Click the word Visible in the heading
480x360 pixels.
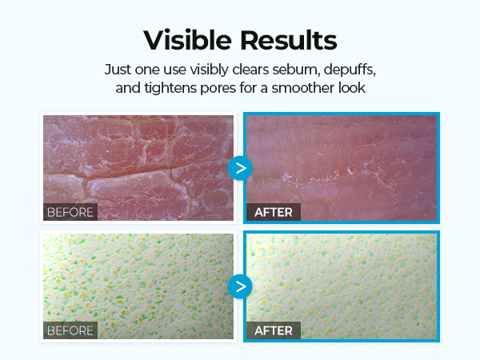coord(187,40)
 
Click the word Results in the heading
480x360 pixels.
coord(288,40)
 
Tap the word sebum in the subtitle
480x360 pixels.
coord(296,70)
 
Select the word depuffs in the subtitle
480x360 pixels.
coord(350,70)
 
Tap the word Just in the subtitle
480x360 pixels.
coord(118,70)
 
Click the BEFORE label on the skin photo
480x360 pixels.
coord(70,212)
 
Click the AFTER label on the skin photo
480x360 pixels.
coord(274,212)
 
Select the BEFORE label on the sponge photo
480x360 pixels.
coord(70,330)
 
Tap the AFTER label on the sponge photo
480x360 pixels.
coord(274,330)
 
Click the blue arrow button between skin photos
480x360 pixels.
coord(240,168)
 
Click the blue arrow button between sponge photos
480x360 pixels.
coord(240,286)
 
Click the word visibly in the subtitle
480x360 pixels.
coord(209,70)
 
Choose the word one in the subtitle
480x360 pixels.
coord(147,70)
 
